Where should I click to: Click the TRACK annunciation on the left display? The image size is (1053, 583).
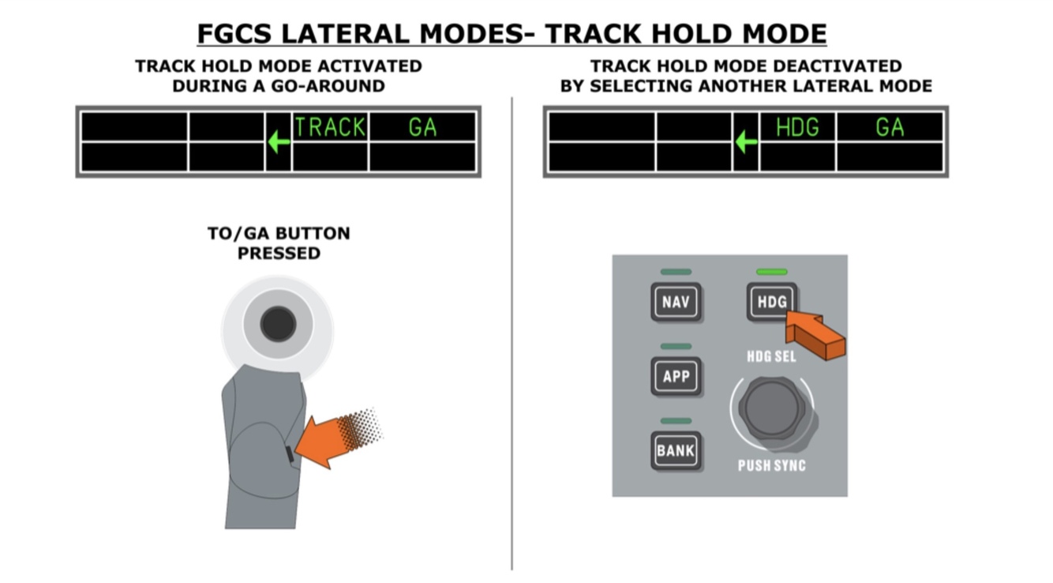330,127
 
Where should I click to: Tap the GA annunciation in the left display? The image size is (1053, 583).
422,127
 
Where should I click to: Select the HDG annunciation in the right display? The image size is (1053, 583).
797,127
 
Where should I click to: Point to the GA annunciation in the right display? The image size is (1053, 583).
890,127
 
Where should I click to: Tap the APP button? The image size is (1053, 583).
676,376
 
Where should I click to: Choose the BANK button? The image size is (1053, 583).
676,451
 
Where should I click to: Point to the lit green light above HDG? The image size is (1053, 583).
771,272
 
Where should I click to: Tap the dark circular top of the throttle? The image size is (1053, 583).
278,324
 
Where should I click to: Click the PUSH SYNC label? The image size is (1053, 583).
771,465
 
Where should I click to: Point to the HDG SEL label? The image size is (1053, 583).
771,356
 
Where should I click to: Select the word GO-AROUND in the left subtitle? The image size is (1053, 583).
335,85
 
